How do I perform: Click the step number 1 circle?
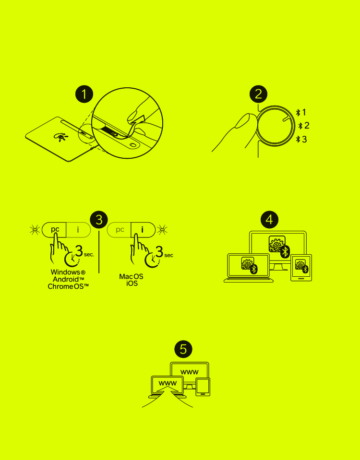coord(84,94)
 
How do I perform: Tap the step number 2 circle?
coord(258,94)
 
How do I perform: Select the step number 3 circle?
coord(99,219)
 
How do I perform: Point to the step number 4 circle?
coord(270,219)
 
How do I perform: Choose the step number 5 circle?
coord(183,349)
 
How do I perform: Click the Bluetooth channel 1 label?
coord(301,112)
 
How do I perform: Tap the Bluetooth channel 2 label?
coord(304,126)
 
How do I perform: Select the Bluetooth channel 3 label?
coord(301,139)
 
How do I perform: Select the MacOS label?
coord(131,277)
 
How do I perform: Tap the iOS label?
coord(132,283)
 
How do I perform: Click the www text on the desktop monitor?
coord(190,372)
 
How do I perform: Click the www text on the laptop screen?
coord(168,383)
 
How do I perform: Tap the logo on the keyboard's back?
coord(60,136)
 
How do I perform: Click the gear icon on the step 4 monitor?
coord(277,244)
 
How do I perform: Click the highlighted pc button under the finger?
coord(54,230)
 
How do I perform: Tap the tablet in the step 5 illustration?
coord(203,387)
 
